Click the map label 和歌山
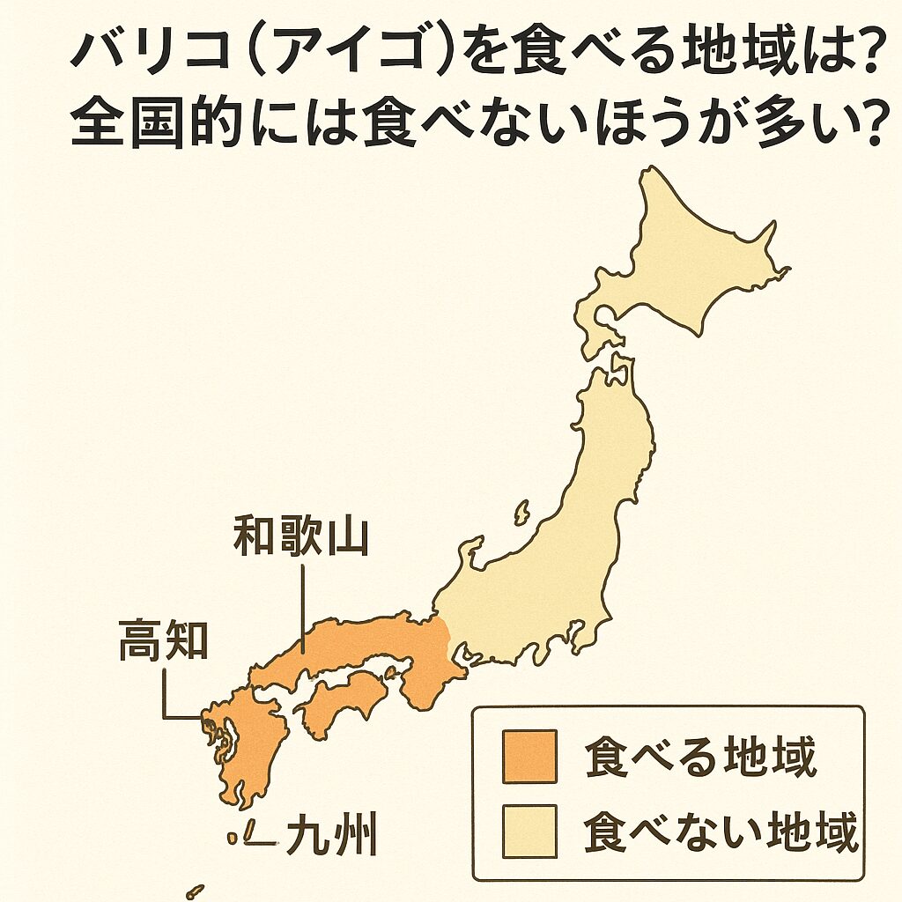coord(299,537)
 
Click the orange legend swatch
coord(529,756)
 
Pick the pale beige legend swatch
coord(529,831)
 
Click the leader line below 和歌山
coord(302,608)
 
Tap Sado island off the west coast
coord(521,512)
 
